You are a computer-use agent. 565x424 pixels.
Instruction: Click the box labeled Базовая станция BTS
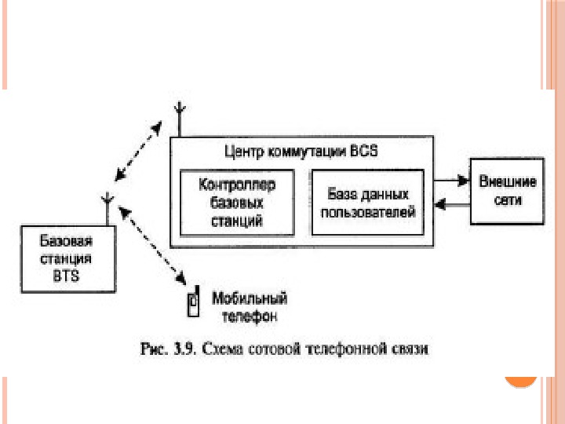[x=67, y=258]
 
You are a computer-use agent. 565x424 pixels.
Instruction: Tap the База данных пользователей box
[x=372, y=201]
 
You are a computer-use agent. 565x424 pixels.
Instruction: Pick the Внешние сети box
[x=507, y=191]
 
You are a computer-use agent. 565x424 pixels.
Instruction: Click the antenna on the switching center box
[x=180, y=118]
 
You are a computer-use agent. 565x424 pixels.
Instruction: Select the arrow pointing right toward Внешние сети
[x=451, y=179]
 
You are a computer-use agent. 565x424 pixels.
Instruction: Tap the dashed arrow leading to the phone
[x=152, y=243]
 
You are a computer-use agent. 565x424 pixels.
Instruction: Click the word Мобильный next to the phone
[x=239, y=298]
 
